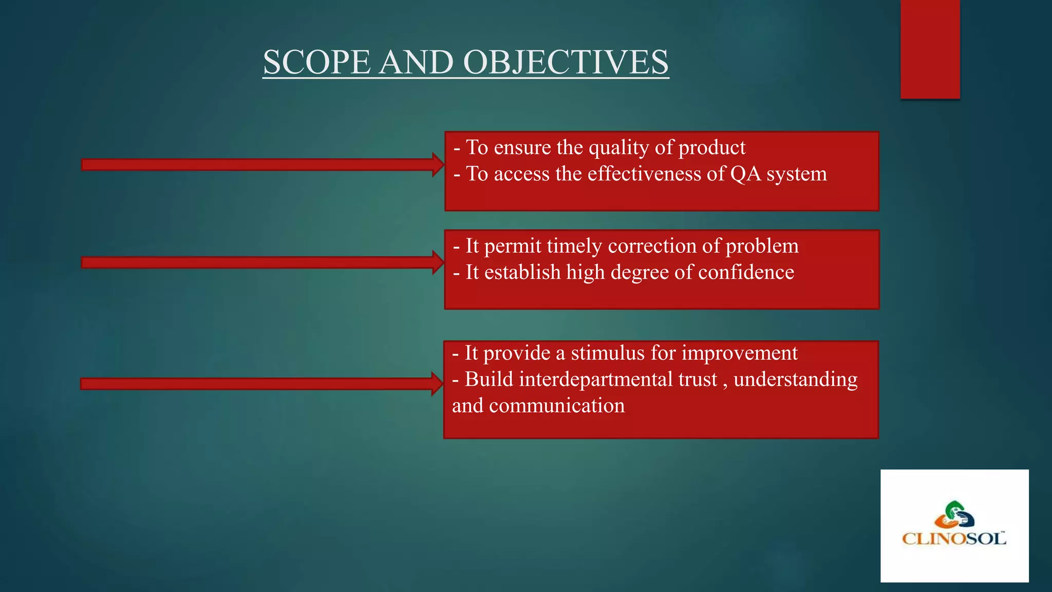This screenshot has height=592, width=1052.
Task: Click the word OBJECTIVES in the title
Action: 566,62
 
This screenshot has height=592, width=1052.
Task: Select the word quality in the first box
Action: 618,149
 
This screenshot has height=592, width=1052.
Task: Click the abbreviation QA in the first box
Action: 745,174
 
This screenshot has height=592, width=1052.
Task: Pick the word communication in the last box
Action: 557,406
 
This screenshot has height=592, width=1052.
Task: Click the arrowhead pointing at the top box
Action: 438,164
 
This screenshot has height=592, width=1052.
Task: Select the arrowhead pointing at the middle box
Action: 438,263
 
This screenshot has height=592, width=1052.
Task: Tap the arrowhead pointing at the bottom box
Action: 437,384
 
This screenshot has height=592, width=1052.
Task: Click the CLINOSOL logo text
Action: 954,539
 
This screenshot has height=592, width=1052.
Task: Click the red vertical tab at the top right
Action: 930,49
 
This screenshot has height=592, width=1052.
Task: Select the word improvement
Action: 739,353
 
